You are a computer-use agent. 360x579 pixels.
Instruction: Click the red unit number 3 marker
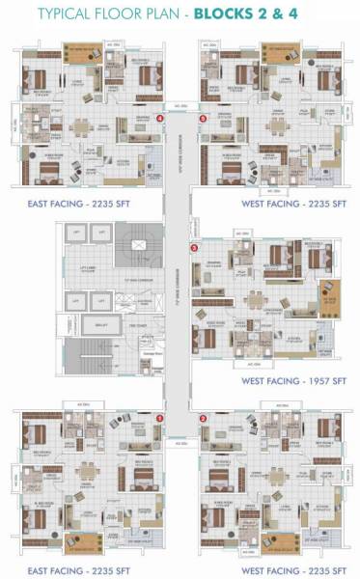(196, 247)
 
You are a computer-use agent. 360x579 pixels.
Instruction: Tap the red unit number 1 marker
(161, 418)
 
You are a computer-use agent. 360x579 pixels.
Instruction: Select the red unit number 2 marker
(204, 418)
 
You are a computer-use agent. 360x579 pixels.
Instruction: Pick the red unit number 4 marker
(159, 119)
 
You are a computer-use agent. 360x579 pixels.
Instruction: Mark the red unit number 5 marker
(203, 119)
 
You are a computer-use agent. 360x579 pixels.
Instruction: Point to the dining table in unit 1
(90, 472)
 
